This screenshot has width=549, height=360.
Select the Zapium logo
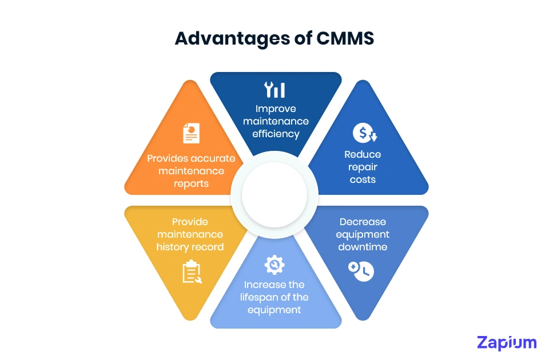pyautogui.click(x=507, y=342)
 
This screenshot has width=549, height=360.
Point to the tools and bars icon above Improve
pyautogui.click(x=274, y=90)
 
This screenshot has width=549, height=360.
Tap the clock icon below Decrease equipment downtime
pyautogui.click(x=361, y=271)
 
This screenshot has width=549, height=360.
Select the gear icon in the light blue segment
pyautogui.click(x=274, y=265)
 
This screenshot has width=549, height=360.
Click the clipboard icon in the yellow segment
pyautogui.click(x=191, y=271)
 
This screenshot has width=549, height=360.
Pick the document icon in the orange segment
pyautogui.click(x=191, y=133)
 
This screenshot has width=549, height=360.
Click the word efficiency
pyautogui.click(x=276, y=134)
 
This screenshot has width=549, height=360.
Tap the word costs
pyautogui.click(x=363, y=179)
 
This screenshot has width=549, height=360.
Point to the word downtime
pyautogui.click(x=363, y=247)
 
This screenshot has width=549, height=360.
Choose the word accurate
pyautogui.click(x=210, y=158)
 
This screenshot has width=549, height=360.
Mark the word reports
pyautogui.click(x=191, y=183)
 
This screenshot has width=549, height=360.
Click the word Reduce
pyautogui.click(x=363, y=154)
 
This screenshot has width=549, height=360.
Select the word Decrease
pyautogui.click(x=363, y=222)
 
